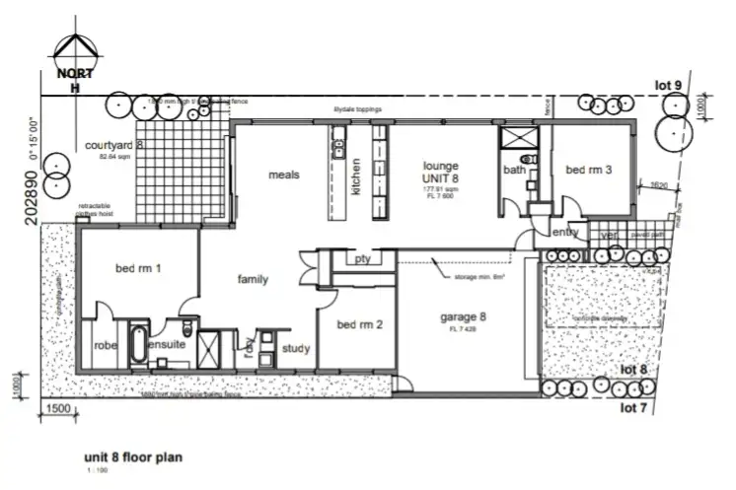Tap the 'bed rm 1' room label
138,269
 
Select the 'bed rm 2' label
359,325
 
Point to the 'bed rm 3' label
588,170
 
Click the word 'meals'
283,175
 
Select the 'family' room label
253,280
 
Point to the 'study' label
296,348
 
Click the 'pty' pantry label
361,258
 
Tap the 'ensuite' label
165,347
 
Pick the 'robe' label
106,347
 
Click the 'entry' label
564,233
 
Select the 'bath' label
515,170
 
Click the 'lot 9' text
668,86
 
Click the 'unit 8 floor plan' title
133,457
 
